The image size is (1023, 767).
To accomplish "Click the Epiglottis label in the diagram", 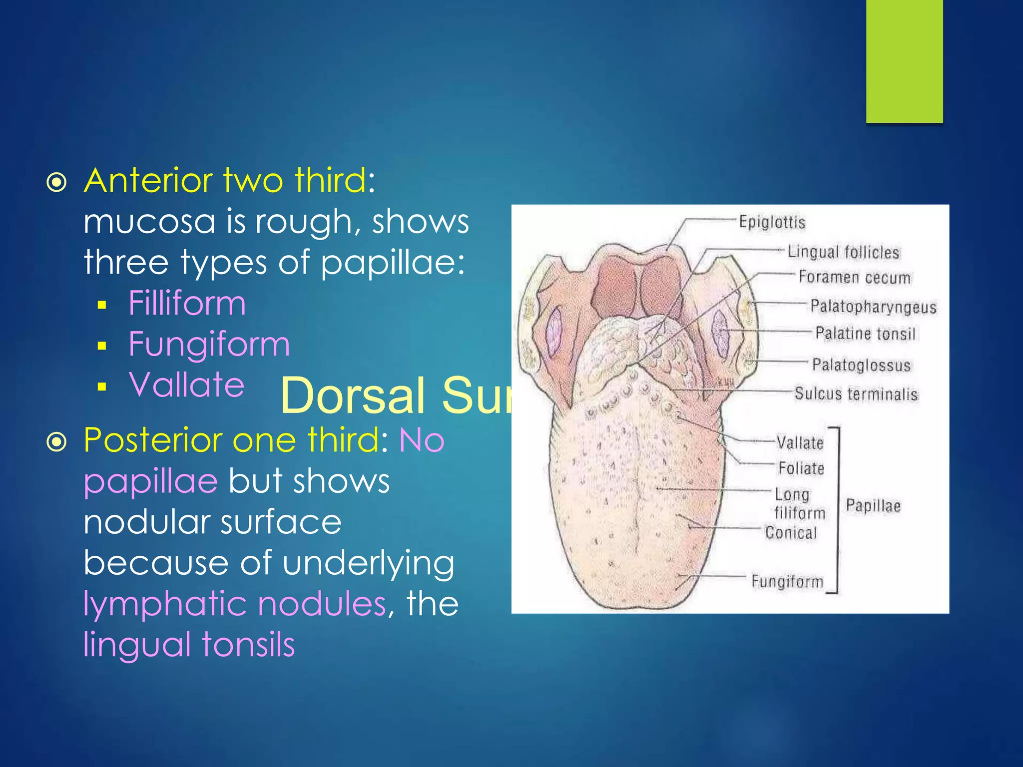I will point(772,222).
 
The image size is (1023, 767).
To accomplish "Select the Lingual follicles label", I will point(843,252).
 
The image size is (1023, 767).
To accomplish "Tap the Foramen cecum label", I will point(854,277).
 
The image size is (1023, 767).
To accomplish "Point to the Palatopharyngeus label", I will point(873,306).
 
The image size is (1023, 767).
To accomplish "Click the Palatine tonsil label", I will point(865,333).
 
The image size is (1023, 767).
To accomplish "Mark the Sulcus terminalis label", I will point(856,394).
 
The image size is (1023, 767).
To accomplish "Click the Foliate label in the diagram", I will point(801,468).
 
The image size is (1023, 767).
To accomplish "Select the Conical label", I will point(791,533).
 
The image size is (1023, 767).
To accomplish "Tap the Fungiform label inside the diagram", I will point(787,581).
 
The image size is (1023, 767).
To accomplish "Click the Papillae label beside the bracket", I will point(873,506).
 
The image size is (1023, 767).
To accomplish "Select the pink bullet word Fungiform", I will point(209,344).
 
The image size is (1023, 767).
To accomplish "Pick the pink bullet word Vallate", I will point(186,385).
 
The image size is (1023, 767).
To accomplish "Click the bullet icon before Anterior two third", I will point(56,183).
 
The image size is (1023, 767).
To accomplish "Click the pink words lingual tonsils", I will point(189,645).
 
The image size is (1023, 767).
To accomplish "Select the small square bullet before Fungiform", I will point(102,346).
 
